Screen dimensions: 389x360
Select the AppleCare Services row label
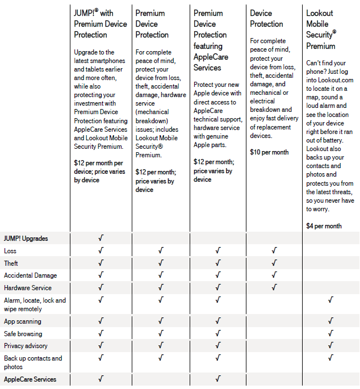point(30,379)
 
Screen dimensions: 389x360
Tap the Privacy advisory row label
point(26,346)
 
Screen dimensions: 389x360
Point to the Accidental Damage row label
point(30,275)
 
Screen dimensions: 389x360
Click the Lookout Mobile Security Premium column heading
point(321,30)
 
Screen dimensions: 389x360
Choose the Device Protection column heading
point(266,18)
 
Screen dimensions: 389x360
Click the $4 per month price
point(324,226)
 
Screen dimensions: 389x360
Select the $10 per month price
point(269,152)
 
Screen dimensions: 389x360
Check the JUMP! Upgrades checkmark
point(101,238)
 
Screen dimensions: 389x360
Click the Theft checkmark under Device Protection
point(274,263)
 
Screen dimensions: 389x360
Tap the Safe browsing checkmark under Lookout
point(330,334)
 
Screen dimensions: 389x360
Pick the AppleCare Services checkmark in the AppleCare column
point(217,379)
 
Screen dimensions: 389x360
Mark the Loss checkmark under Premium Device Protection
point(161,250)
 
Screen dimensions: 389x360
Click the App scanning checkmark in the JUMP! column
point(101,321)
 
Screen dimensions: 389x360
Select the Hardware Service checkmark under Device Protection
point(274,288)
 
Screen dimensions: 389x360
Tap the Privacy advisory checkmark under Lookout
point(330,346)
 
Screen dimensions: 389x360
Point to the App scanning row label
point(23,321)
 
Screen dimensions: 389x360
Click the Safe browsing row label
point(23,334)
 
